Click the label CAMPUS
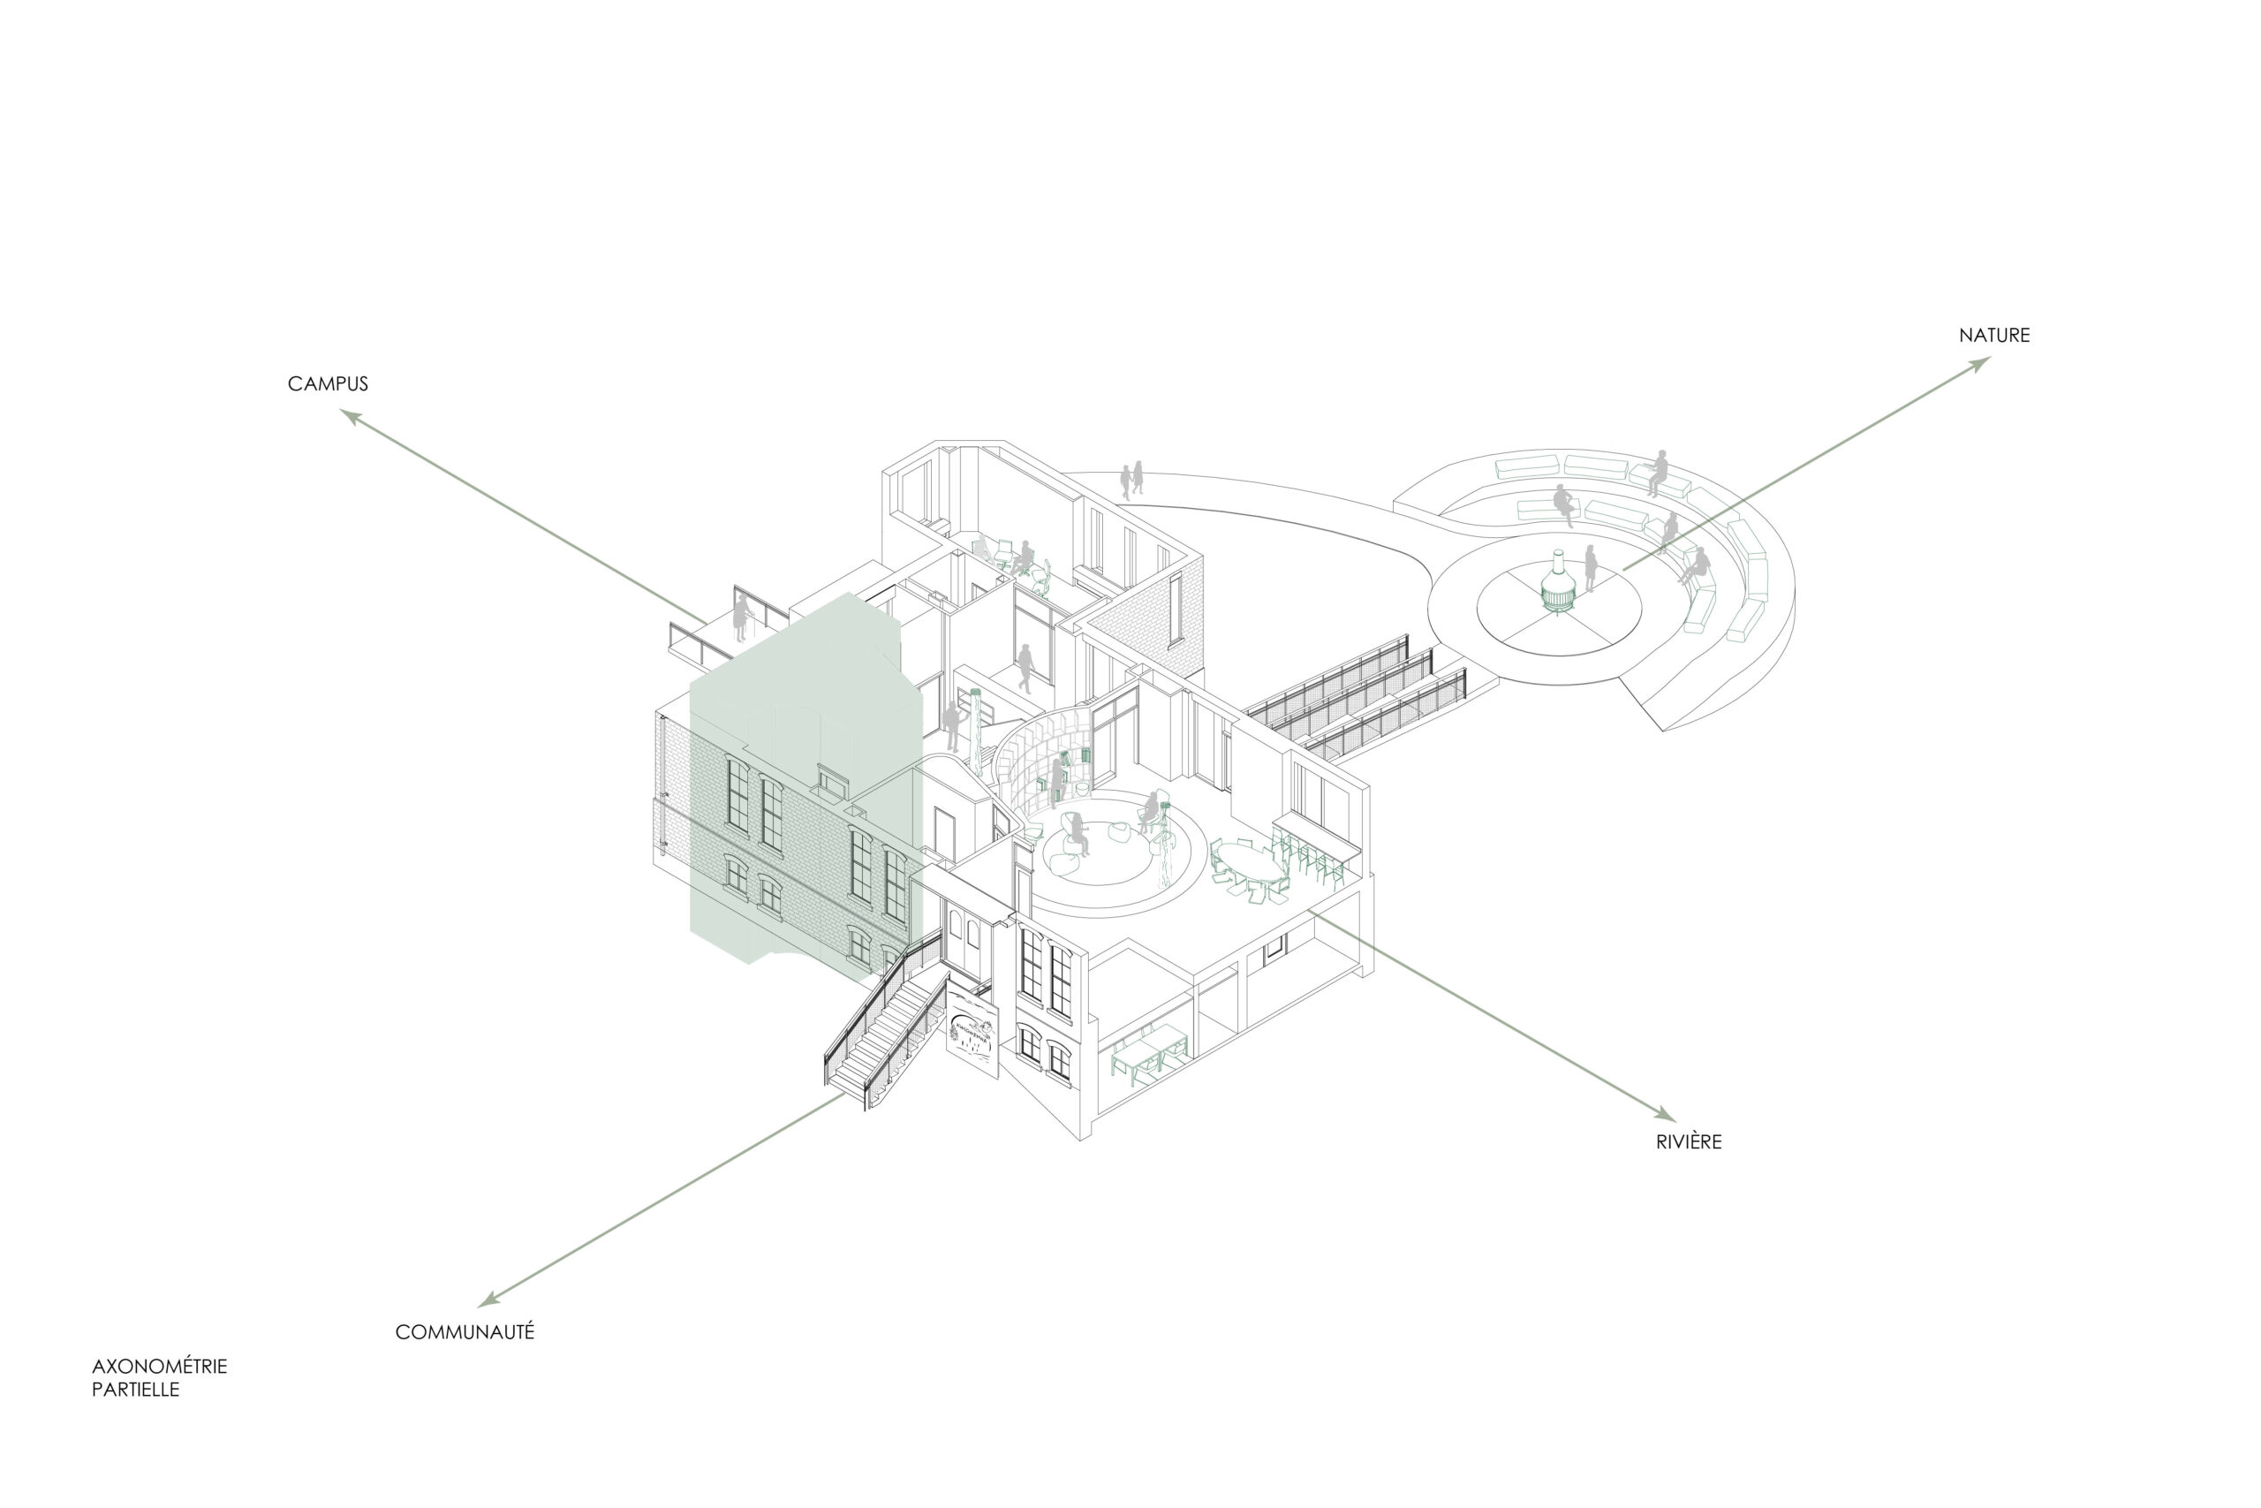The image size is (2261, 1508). point(328,383)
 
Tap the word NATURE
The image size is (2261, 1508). point(1995,336)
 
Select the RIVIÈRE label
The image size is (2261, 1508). point(1689,1141)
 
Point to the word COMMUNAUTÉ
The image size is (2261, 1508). point(465,1332)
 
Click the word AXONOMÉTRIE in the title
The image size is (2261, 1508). point(160,1366)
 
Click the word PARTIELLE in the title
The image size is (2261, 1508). point(135,1390)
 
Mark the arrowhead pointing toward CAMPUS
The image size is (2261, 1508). point(351,416)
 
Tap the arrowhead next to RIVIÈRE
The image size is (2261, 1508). point(1665,1114)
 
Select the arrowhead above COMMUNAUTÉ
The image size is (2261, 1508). point(490,1299)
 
